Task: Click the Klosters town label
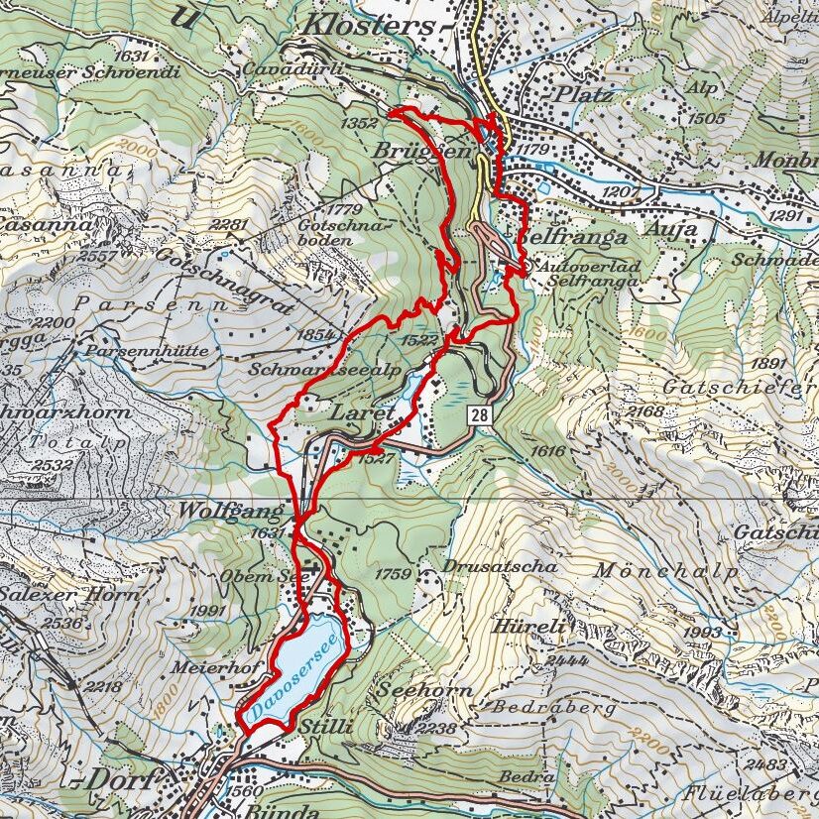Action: click(x=370, y=24)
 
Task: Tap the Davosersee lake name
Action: click(x=296, y=676)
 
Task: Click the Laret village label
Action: click(x=363, y=411)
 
